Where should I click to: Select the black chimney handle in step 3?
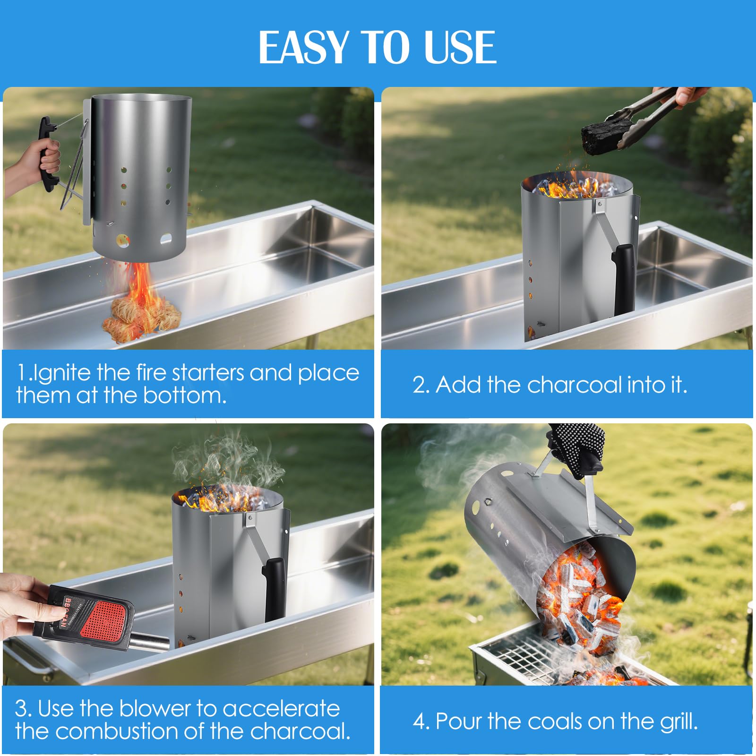(274, 588)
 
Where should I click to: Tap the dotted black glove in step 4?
(579, 447)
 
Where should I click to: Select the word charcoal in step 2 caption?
(575, 385)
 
